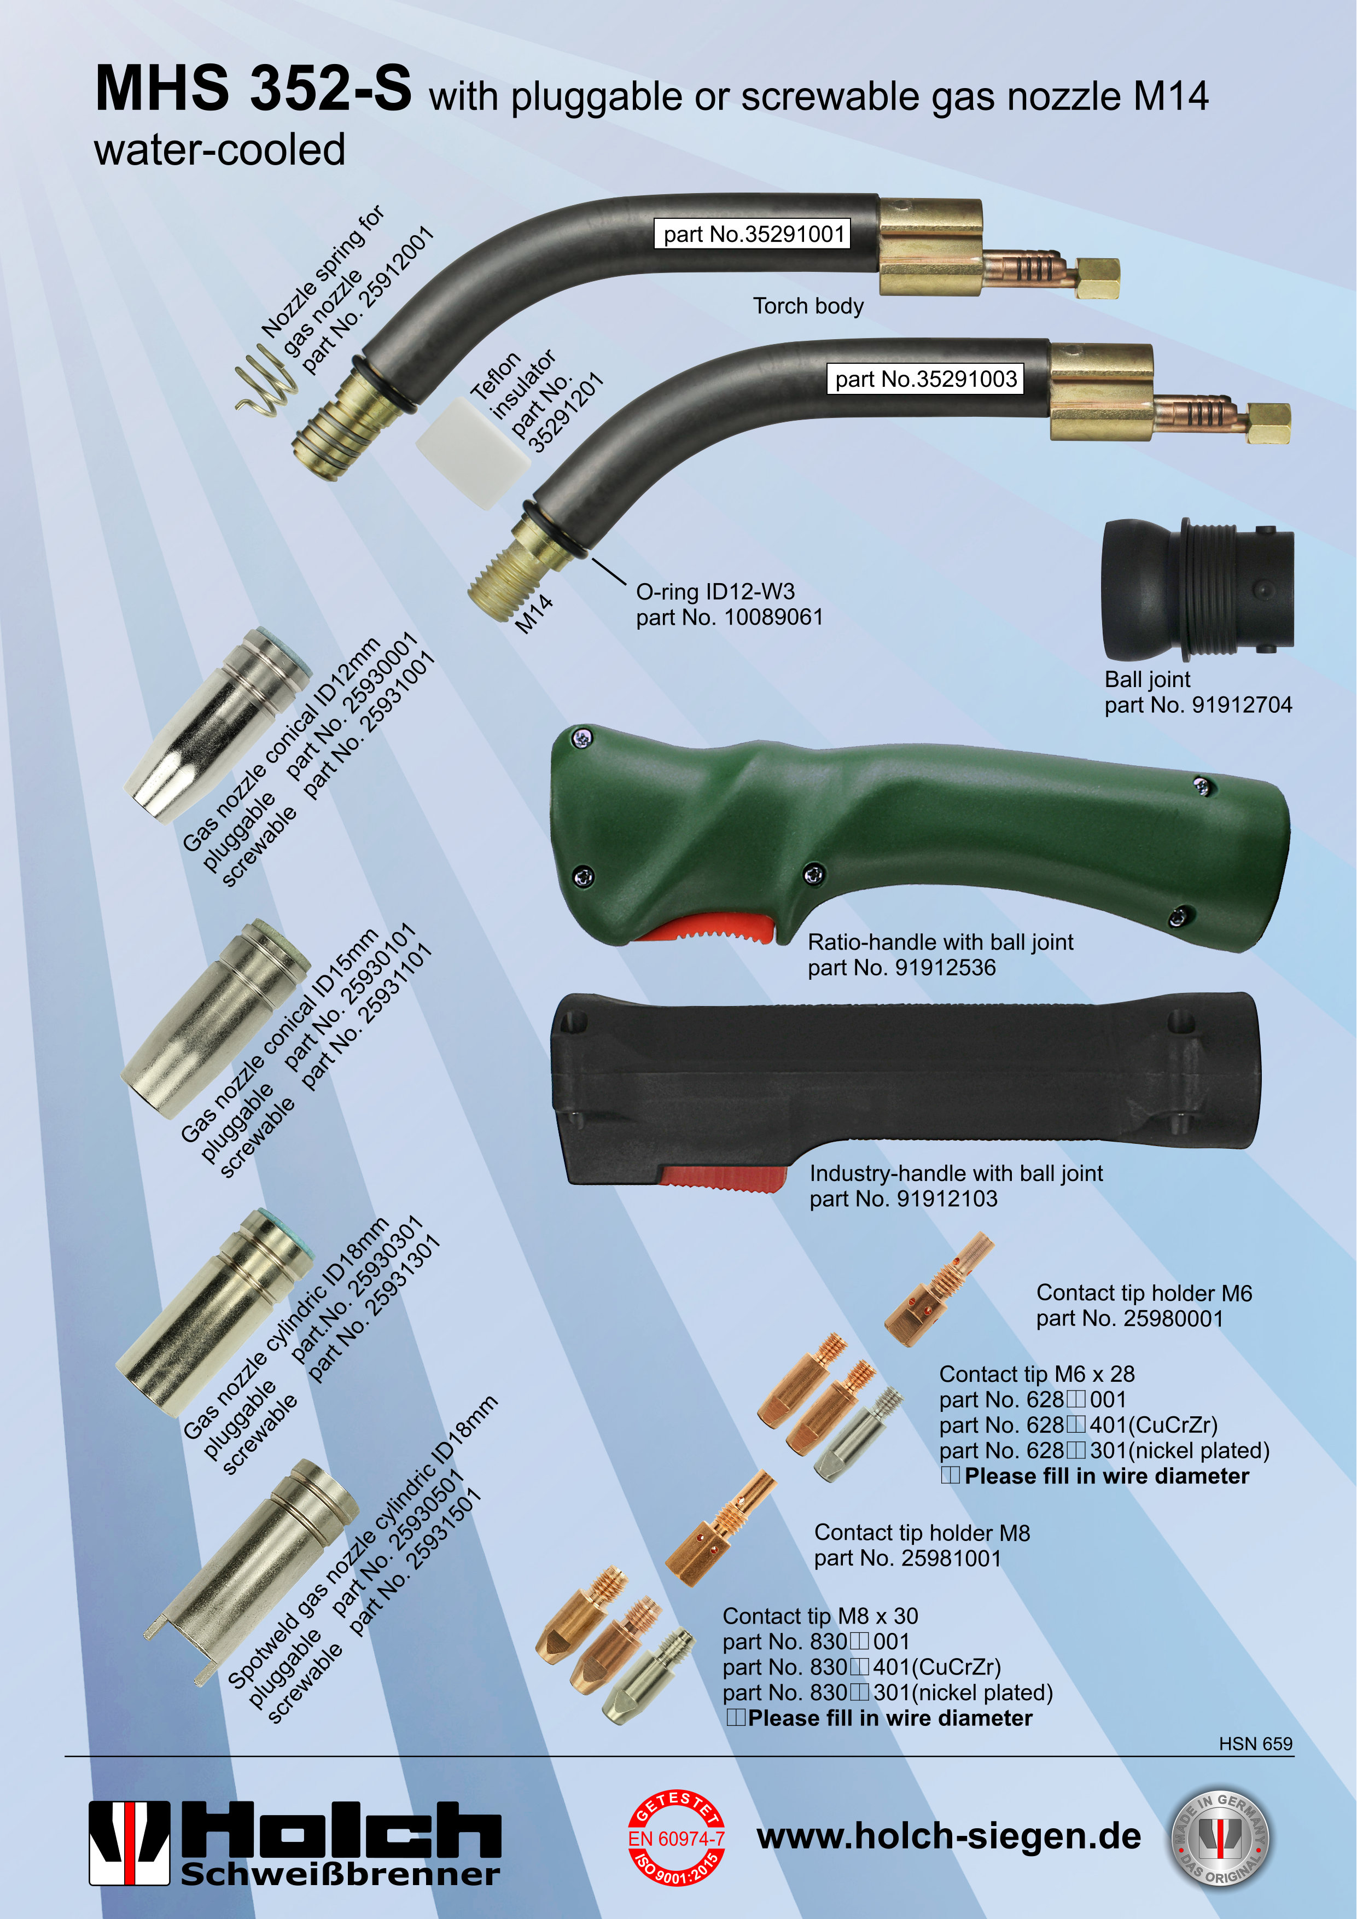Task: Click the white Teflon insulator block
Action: pyautogui.click(x=473, y=452)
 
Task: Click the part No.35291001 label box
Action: pyautogui.click(x=753, y=234)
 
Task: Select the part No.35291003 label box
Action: pyautogui.click(x=925, y=379)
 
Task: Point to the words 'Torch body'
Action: pyautogui.click(x=808, y=306)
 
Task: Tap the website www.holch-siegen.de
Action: pyautogui.click(x=948, y=1837)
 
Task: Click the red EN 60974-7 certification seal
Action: pyautogui.click(x=676, y=1838)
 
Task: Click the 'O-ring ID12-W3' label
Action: pyautogui.click(x=715, y=592)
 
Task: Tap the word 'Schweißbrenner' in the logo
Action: pyautogui.click(x=340, y=1875)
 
